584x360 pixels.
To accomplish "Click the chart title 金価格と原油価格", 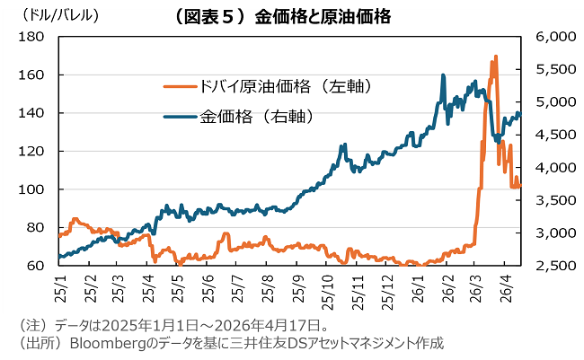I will pyautogui.click(x=292, y=15).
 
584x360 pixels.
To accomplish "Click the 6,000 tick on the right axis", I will pyautogui.click(x=553, y=37).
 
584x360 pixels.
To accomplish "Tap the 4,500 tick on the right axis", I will pyautogui.click(x=553, y=135).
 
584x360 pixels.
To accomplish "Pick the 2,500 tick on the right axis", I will pyautogui.click(x=553, y=266).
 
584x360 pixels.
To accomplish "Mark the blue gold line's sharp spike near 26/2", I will pyautogui.click(x=443, y=75).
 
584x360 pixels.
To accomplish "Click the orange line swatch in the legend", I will pyautogui.click(x=180, y=86).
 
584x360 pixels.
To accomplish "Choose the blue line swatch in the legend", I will pyautogui.click(x=180, y=115).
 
